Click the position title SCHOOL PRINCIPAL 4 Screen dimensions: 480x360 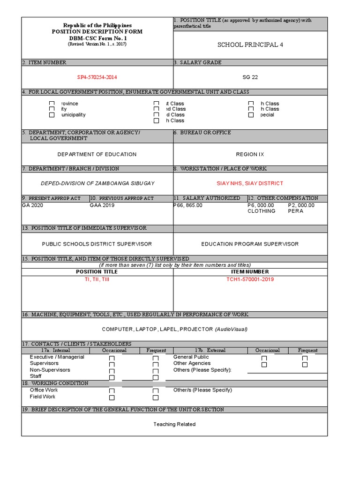coord(250,45)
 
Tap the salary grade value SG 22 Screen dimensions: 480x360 coord(250,77)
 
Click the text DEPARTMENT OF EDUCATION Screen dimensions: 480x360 coord(97,154)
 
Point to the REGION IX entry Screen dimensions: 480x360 coord(250,154)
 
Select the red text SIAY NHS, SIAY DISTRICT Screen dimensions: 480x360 coord(250,183)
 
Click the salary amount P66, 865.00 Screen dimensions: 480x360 coord(188,205)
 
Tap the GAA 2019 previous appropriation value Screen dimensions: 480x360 coord(102,205)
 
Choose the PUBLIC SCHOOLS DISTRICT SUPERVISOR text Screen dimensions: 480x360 coord(97,244)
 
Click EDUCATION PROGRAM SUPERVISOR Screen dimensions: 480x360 coord(250,244)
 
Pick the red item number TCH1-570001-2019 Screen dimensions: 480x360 coord(250,279)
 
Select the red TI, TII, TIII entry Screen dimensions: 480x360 coord(97,279)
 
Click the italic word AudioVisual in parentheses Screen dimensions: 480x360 coord(231,329)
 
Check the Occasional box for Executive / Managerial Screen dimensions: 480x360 coord(112,359)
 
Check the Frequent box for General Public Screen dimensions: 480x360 coord(305,359)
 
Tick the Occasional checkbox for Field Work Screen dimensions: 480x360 coord(112,397)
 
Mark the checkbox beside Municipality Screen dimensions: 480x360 coord(52,115)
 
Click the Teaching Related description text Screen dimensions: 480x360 coord(174,424)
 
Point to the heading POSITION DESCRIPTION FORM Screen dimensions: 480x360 coord(97,31)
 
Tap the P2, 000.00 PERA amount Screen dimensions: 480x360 coord(301,205)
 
